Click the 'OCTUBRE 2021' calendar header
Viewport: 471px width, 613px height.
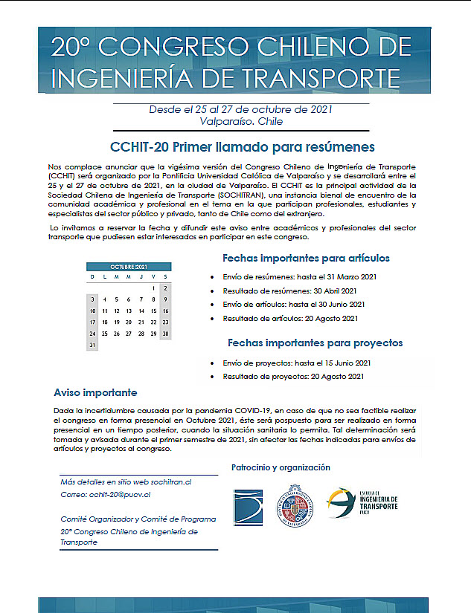(128, 267)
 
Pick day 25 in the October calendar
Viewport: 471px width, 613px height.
(104, 334)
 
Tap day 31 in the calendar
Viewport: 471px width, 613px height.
(92, 346)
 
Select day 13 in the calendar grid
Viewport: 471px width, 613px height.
(129, 311)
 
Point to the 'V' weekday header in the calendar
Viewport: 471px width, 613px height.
(153, 276)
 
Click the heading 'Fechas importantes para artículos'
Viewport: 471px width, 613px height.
(306, 259)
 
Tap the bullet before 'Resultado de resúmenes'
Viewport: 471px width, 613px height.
(213, 291)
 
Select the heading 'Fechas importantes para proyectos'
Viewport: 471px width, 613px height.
(315, 343)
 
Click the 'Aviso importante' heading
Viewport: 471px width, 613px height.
(95, 392)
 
